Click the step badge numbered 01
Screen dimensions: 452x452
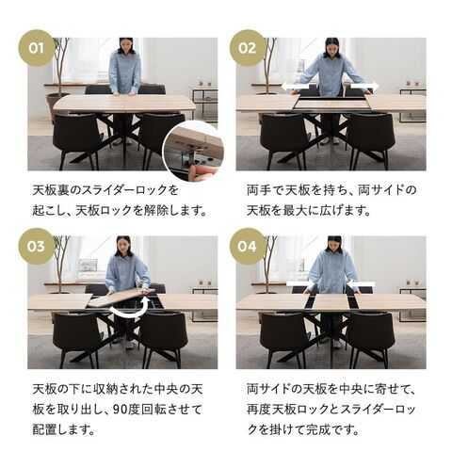[x=37, y=48]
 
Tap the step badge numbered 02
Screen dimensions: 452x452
[x=248, y=48]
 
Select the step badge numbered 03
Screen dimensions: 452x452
[x=37, y=247]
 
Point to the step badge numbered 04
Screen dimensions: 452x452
[x=248, y=247]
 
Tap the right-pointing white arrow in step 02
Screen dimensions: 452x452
[x=364, y=86]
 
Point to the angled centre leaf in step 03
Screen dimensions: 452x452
[x=121, y=297]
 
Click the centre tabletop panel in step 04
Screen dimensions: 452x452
[x=331, y=302]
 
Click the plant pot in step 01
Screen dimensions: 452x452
[x=57, y=104]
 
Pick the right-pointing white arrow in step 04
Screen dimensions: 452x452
[x=300, y=284]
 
